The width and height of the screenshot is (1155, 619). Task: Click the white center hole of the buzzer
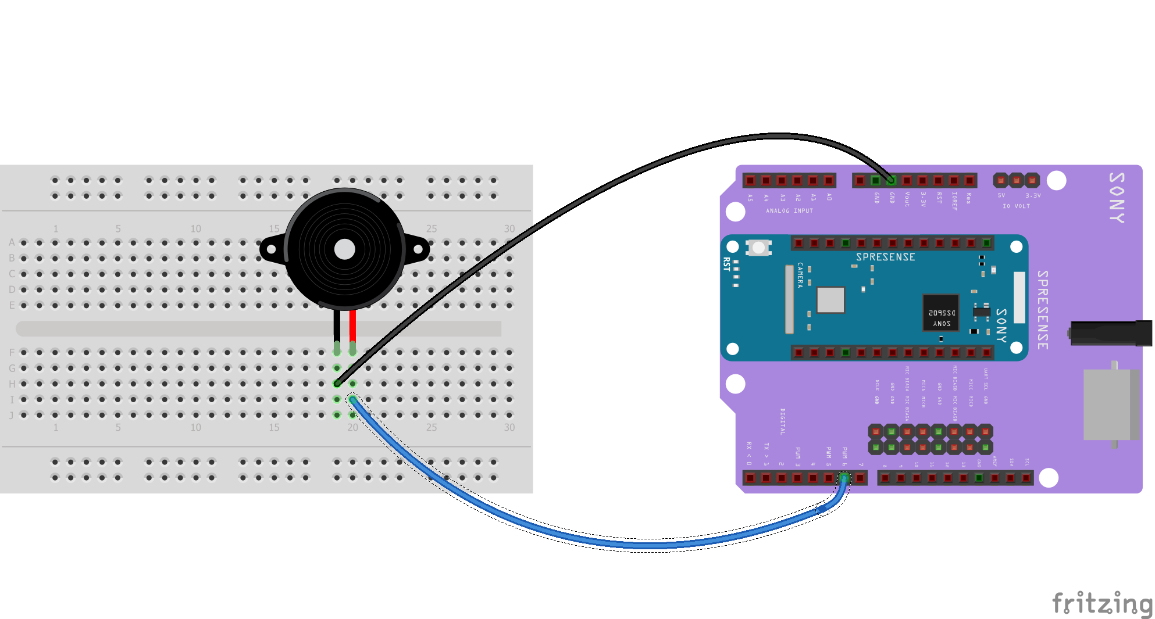pyautogui.click(x=345, y=249)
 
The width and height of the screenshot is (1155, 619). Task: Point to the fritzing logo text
pyautogui.click(x=1102, y=603)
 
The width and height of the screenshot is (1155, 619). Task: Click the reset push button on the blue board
pyautogui.click(x=758, y=248)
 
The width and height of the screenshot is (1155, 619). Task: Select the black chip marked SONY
pyautogui.click(x=941, y=313)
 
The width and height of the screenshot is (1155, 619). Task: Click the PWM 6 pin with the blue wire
pyautogui.click(x=844, y=478)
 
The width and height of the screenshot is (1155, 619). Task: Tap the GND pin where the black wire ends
pyautogui.click(x=891, y=180)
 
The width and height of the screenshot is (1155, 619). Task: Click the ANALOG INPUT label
pyautogui.click(x=789, y=211)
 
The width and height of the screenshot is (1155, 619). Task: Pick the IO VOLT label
pyautogui.click(x=1016, y=206)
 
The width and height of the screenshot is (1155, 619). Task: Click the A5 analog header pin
pyautogui.click(x=750, y=180)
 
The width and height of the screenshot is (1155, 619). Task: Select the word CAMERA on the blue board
pyautogui.click(x=800, y=275)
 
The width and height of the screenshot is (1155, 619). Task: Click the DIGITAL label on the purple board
pyautogui.click(x=782, y=421)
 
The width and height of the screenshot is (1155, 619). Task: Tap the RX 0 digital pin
pyautogui.click(x=750, y=478)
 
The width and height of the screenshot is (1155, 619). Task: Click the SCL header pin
pyautogui.click(x=1026, y=478)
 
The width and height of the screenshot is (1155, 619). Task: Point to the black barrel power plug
pyautogui.click(x=1111, y=333)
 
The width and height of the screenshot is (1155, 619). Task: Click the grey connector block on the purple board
pyautogui.click(x=1111, y=405)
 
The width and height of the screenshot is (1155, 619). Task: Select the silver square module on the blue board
pyautogui.click(x=830, y=300)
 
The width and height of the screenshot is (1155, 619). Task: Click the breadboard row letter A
pyautogui.click(x=12, y=242)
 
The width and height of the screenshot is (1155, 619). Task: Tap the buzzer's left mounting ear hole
pyautogui.click(x=271, y=251)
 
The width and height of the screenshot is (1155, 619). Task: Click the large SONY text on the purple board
pyautogui.click(x=1117, y=198)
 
